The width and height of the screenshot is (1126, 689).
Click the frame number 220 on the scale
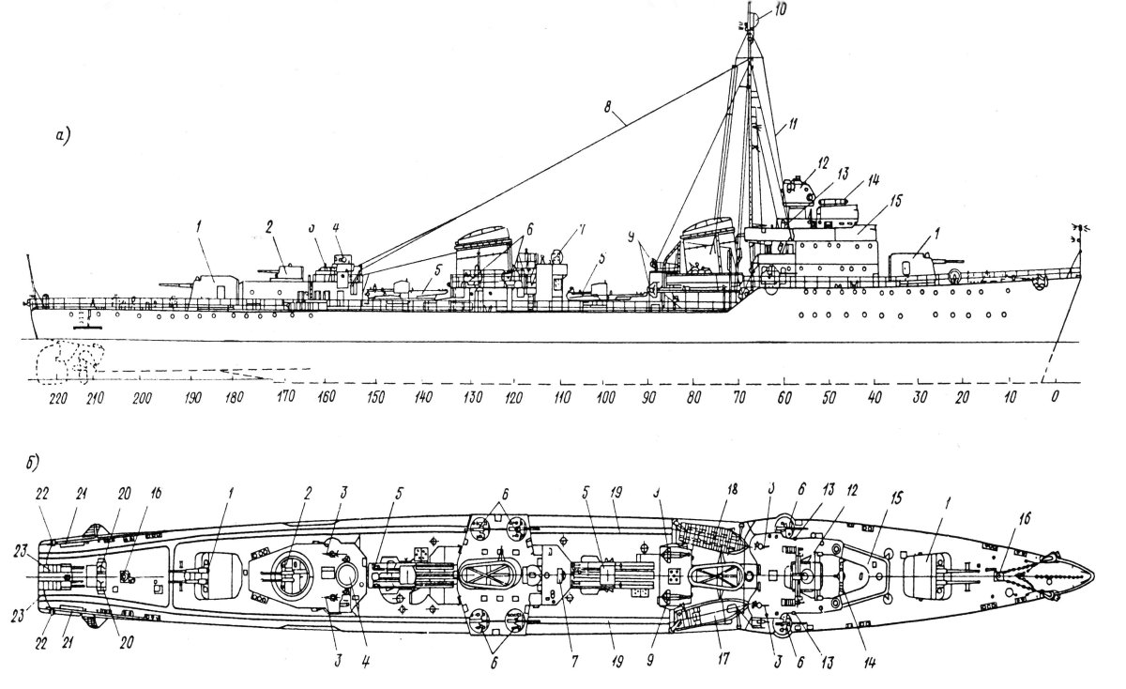tap(57, 397)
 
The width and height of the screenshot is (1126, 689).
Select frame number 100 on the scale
tap(605, 397)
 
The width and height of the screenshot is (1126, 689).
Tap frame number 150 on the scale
tap(375, 397)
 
